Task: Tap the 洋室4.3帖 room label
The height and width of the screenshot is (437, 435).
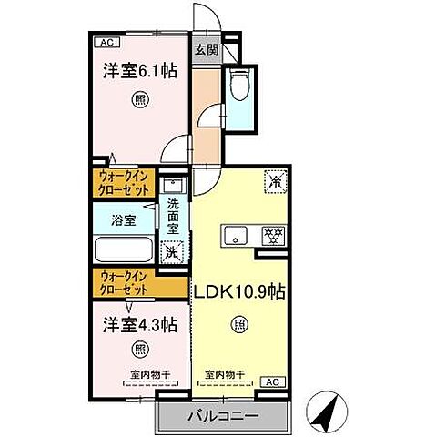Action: point(139,324)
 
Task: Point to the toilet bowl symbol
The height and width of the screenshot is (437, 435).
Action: point(240,85)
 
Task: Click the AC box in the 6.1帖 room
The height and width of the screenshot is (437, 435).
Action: point(105,41)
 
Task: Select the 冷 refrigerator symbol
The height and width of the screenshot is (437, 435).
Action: point(275,181)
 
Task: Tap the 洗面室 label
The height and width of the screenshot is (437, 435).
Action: point(172,218)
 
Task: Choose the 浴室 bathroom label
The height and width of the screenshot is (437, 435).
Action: point(123,219)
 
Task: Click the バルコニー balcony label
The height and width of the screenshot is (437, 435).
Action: point(223,414)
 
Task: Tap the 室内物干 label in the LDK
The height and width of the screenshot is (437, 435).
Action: point(224,373)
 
